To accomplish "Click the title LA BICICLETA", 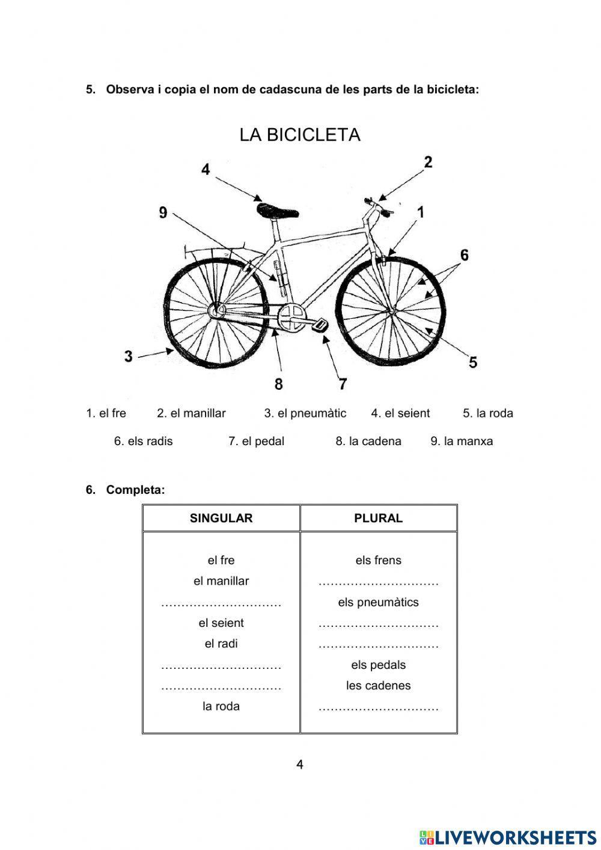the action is click(x=300, y=135).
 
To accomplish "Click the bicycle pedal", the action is click(x=320, y=325).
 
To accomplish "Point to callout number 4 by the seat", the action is click(x=206, y=170).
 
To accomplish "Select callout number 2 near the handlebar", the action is click(x=428, y=162).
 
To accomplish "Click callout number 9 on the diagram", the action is click(x=163, y=212).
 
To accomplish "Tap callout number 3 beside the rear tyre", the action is click(x=129, y=356).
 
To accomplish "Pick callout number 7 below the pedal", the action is click(x=343, y=383).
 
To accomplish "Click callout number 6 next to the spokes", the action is click(x=464, y=255).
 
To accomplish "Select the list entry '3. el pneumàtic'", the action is click(x=305, y=413).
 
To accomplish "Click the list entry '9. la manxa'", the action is click(x=462, y=441).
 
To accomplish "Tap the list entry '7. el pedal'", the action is click(x=256, y=441).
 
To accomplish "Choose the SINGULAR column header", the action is click(x=221, y=518).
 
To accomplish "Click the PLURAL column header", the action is click(x=378, y=518).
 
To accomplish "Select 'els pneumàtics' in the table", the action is click(x=378, y=602).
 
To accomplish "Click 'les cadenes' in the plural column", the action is click(x=378, y=685).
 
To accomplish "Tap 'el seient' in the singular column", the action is click(x=221, y=623).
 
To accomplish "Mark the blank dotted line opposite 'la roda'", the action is click(x=378, y=708).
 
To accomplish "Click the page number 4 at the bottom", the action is click(x=300, y=765).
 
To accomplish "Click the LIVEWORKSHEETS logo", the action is click(x=508, y=837).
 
